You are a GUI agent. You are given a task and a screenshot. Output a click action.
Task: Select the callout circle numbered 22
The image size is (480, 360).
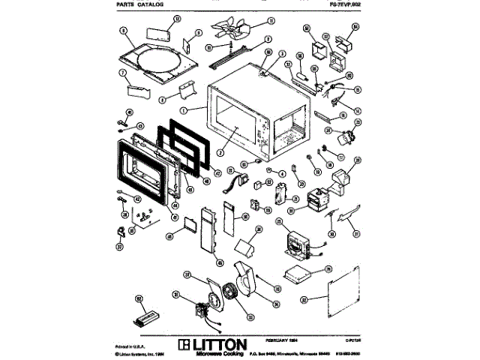point(303,299)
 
